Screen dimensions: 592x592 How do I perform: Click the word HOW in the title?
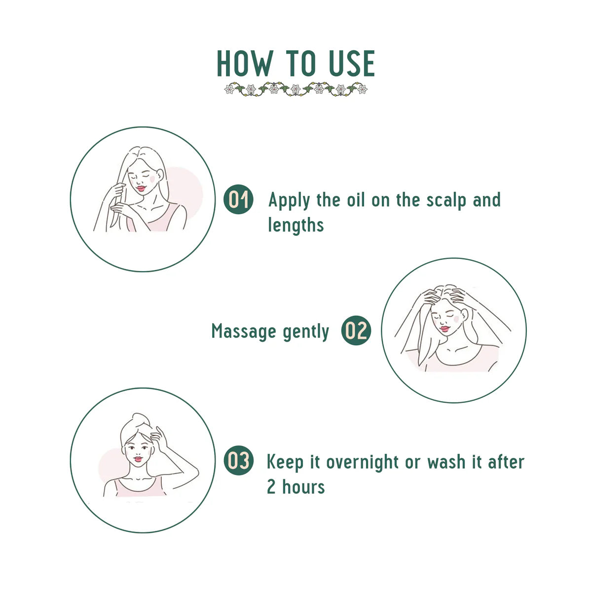click(244, 64)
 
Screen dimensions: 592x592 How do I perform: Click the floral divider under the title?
click(296, 89)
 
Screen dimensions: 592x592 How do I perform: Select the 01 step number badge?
click(239, 200)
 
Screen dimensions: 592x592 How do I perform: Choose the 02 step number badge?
click(356, 331)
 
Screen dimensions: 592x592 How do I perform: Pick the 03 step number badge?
click(239, 461)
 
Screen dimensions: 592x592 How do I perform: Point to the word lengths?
click(296, 225)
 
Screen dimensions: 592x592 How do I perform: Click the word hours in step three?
click(303, 487)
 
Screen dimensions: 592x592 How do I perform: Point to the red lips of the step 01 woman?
click(142, 187)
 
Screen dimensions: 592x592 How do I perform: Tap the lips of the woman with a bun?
click(138, 459)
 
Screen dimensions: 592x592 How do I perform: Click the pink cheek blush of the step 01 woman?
click(153, 176)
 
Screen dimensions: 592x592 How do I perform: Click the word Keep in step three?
click(285, 463)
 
